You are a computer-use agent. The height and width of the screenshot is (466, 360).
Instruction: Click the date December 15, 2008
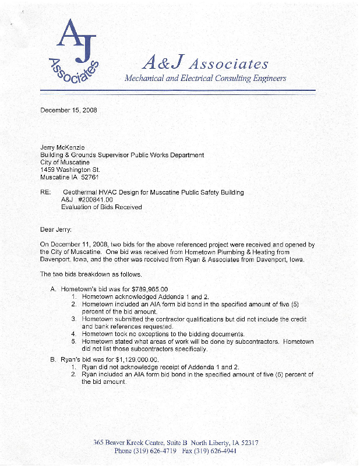tap(69, 110)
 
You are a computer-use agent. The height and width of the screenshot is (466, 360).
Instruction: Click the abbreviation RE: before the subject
tap(45, 192)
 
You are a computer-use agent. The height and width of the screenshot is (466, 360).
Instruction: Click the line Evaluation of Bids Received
tap(101, 207)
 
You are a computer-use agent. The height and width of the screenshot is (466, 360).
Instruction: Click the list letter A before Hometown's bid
tap(53, 289)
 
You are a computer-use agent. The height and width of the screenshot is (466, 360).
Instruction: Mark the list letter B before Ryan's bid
tap(53, 360)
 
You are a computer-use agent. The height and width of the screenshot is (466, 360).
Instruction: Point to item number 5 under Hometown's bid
tap(74, 341)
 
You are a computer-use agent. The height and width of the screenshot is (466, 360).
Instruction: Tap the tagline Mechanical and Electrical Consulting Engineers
tap(205, 78)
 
